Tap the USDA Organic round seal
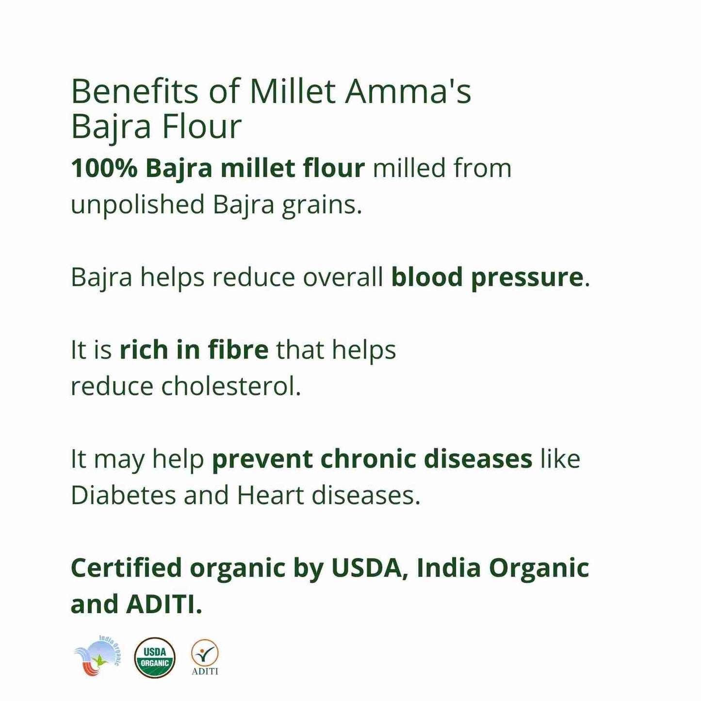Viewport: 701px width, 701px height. point(155,657)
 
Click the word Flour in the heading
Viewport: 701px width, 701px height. point(201,127)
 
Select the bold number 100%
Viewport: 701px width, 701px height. point(104,168)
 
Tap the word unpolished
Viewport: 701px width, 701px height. point(138,205)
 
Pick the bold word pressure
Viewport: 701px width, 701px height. point(527,277)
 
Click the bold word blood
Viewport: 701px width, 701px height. point(427,277)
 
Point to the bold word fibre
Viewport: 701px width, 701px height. point(238,350)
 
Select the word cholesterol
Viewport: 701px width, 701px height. point(231,387)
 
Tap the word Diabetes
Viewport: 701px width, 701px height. point(123,495)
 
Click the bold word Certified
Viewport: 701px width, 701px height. point(126,568)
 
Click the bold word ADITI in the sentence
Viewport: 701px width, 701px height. point(163,604)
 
